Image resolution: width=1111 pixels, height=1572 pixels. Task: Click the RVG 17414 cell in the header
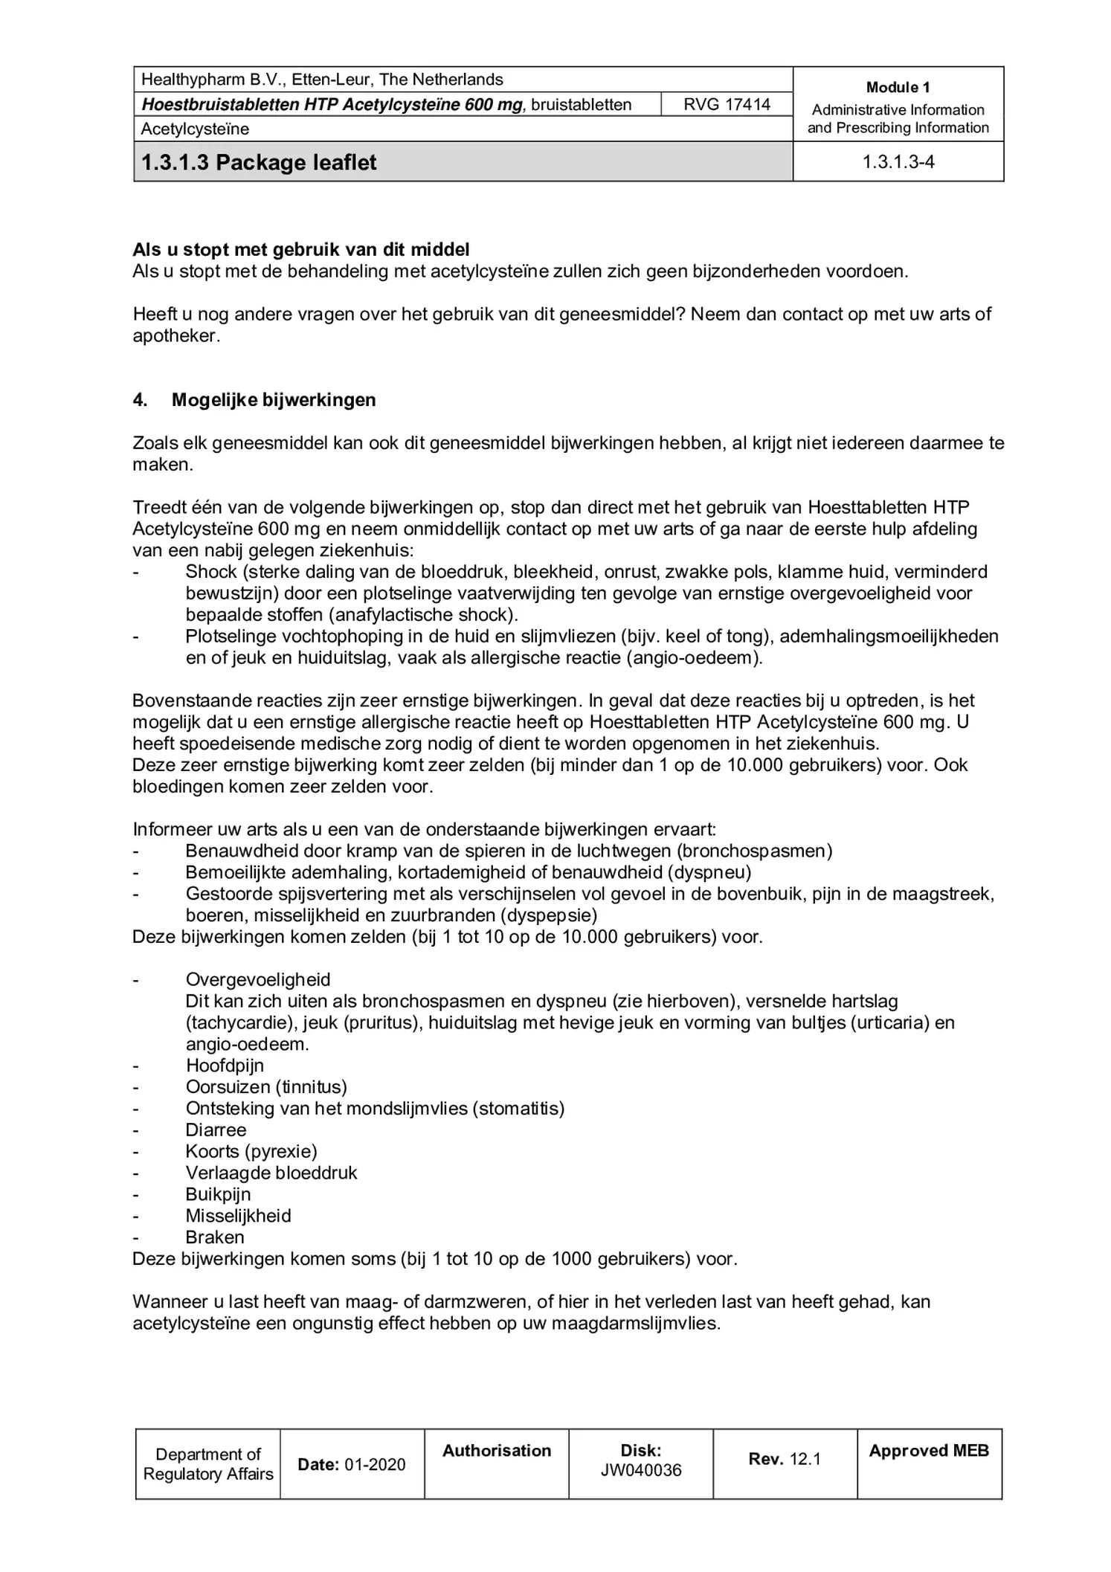click(726, 104)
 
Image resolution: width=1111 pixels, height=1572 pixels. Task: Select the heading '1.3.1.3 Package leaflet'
click(259, 163)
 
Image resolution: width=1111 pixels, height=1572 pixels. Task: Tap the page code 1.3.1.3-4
click(898, 162)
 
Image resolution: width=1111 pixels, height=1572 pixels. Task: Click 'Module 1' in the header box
click(898, 88)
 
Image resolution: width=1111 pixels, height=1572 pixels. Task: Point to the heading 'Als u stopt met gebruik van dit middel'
click(300, 249)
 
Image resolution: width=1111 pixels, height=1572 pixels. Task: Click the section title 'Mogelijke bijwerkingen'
click(274, 400)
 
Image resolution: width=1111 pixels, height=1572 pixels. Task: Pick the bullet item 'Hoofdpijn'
click(225, 1066)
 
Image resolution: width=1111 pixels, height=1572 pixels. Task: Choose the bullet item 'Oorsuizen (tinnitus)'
click(266, 1087)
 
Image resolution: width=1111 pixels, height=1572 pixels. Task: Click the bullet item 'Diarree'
click(216, 1130)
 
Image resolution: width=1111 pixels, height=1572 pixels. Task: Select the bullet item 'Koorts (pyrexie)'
click(251, 1152)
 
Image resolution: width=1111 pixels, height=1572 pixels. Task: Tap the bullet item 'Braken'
click(214, 1237)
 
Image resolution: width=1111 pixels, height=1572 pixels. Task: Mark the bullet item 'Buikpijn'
click(218, 1194)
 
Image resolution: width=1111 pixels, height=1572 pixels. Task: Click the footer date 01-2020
click(375, 1465)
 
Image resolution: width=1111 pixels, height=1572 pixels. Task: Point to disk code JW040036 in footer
click(640, 1471)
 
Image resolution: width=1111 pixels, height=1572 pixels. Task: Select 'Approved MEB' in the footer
click(928, 1451)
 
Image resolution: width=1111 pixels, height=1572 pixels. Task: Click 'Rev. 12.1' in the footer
click(784, 1459)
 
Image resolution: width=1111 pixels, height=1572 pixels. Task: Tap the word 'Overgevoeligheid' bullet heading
click(258, 980)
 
